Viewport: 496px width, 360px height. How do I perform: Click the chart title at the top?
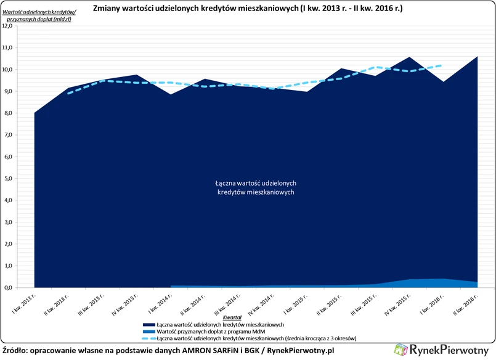pos(248,10)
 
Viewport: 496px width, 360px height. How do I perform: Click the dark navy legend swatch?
pos(148,324)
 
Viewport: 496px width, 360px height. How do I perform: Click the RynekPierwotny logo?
pos(442,350)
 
